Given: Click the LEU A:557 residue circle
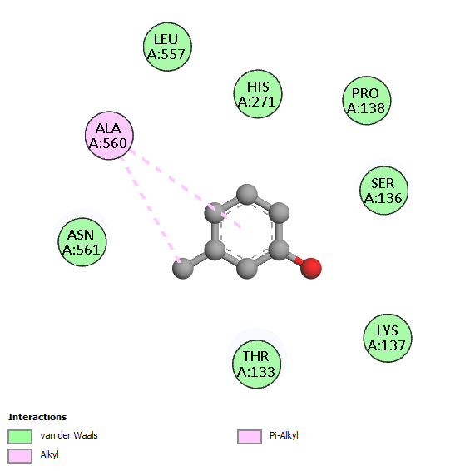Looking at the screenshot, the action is coord(167,47).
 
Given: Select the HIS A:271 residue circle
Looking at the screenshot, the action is coord(258,94).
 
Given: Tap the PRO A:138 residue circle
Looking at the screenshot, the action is coord(367,101).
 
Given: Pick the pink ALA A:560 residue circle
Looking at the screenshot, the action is coord(109,136).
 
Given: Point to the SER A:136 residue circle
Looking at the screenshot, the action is coord(383,190).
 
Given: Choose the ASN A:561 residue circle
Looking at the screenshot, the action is coord(82,242).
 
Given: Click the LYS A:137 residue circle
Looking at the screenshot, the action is coord(388,338).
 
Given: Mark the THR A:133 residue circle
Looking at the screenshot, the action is coord(257,364).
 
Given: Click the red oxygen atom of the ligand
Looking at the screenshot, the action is coord(311,268).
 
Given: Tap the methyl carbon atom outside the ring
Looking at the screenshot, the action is coord(183,269).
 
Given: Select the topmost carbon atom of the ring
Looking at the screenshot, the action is coord(247,195).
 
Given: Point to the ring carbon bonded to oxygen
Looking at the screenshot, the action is coord(279,250).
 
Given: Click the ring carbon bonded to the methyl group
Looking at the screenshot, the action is coord(215,250).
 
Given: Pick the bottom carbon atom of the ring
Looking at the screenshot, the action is coord(247,269).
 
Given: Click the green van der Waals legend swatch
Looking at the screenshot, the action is coord(20,437).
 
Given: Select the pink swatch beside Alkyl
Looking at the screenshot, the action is coord(20,456).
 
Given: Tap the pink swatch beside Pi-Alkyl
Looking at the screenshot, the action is coord(250,437).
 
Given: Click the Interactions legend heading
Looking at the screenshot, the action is coord(37,417).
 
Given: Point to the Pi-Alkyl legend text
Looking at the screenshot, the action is coord(284,435).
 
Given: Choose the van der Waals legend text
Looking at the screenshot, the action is coord(69,435).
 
